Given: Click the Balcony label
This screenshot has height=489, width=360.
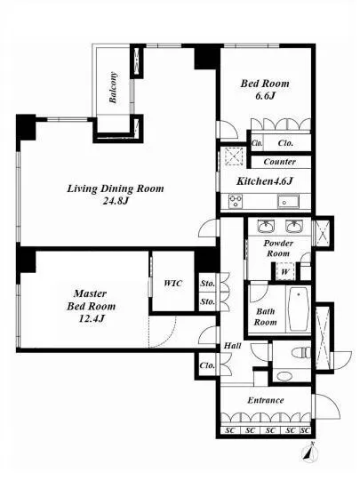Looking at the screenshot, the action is [x=114, y=88].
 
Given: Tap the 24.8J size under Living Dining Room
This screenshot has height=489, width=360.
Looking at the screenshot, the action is [x=116, y=201].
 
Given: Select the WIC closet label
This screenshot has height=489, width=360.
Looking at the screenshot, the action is [x=173, y=283].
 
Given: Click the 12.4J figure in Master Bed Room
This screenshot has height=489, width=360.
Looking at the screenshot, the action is [x=91, y=318].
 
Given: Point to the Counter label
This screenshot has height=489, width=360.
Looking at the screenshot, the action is [x=280, y=162].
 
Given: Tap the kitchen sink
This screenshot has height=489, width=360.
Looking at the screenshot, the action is [x=288, y=201].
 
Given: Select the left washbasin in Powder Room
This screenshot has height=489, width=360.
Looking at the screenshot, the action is [x=266, y=226].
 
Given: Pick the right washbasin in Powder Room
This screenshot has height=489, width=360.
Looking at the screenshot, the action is [x=294, y=226].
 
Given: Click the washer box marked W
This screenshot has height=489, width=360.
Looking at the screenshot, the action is [x=284, y=272].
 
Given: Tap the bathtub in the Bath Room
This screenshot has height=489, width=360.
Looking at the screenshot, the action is [x=299, y=309].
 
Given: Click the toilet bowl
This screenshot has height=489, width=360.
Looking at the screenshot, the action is [x=301, y=353].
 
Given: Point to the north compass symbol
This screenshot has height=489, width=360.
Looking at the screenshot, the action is [x=310, y=453].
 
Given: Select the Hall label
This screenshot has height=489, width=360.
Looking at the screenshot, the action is [x=233, y=346].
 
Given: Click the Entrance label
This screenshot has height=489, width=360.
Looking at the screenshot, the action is [x=266, y=400].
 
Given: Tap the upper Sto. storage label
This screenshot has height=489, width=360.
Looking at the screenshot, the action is [x=208, y=284].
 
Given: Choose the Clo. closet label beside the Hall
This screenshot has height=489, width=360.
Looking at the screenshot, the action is [x=207, y=365].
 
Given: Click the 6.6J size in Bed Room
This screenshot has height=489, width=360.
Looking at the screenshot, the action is [x=265, y=96].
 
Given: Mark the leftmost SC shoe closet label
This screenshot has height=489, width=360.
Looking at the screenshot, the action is [x=230, y=430].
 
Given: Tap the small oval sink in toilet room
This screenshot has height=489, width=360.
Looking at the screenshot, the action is [x=284, y=376].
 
